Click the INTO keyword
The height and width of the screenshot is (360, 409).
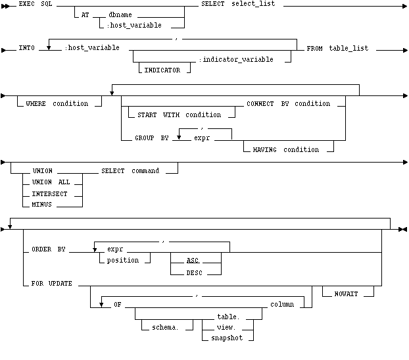[x=27, y=48]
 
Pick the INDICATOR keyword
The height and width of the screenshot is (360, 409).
[x=162, y=70]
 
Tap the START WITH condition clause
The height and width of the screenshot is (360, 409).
[x=179, y=115]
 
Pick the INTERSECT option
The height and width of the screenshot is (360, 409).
[x=51, y=193]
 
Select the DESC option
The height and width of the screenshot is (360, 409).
[x=194, y=272]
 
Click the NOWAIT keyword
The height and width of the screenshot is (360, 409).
[x=348, y=294]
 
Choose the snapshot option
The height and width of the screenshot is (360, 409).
[x=227, y=338]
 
